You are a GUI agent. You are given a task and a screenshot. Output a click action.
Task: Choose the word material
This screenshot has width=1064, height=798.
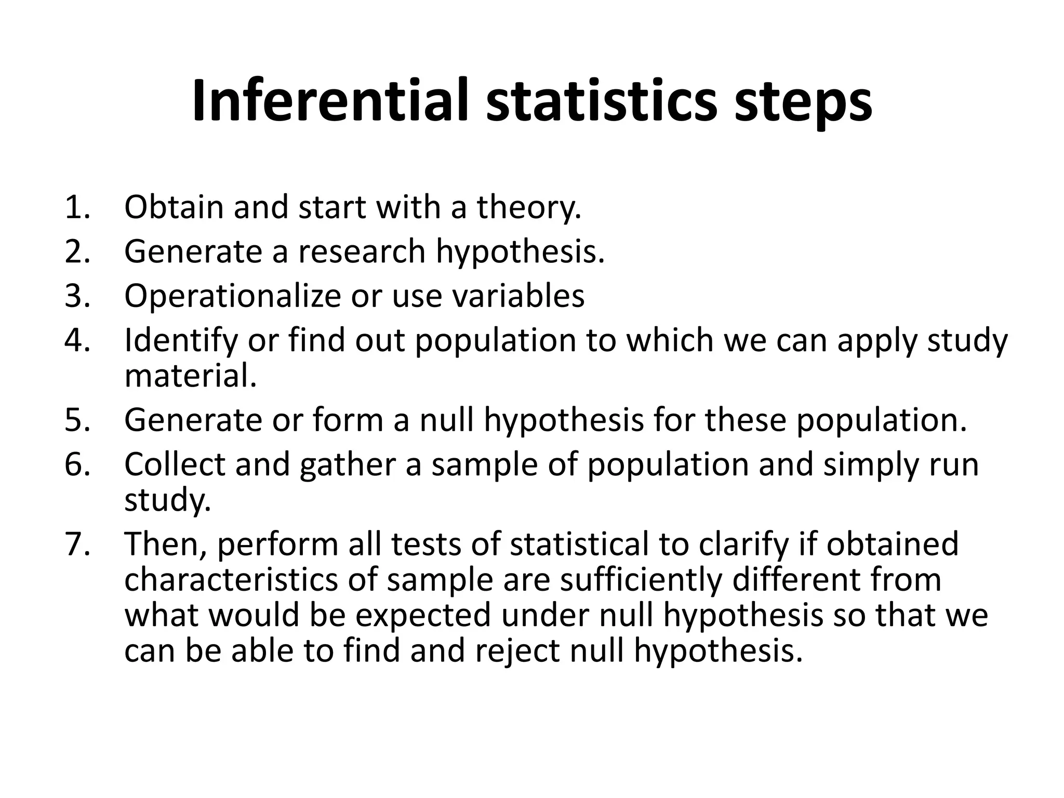pyautogui.click(x=191, y=376)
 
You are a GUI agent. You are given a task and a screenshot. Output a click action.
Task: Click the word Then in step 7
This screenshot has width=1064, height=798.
pyautogui.click(x=166, y=544)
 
